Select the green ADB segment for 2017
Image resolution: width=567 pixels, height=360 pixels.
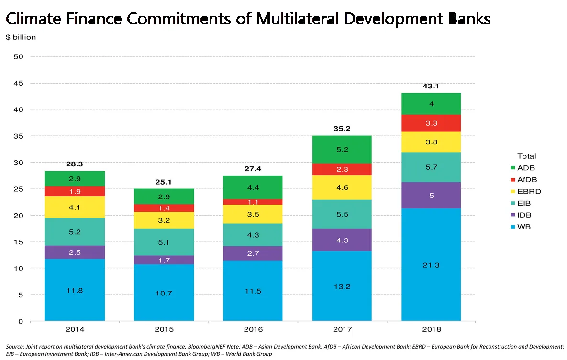point(342,149)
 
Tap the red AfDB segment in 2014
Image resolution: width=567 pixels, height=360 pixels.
point(75,191)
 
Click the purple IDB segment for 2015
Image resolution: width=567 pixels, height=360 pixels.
point(164,260)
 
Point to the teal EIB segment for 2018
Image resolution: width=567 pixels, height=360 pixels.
point(431,167)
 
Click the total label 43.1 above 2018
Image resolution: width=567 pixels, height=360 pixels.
point(431,86)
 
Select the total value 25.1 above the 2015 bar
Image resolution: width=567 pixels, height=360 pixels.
point(164,182)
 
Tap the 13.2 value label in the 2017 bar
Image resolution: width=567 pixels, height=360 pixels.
point(342,286)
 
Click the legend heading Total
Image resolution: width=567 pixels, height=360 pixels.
point(526,156)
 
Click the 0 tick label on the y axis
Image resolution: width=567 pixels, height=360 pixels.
point(21,321)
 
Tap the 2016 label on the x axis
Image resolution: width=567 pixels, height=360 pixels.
point(253,329)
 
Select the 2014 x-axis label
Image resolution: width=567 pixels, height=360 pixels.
point(75,329)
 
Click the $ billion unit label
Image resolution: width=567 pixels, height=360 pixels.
point(21,37)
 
